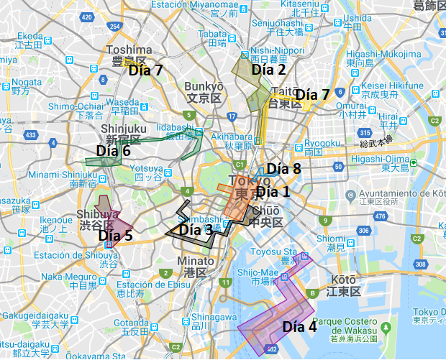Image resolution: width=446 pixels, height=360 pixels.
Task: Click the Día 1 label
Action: [273, 192]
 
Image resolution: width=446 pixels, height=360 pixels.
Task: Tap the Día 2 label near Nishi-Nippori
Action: [268, 70]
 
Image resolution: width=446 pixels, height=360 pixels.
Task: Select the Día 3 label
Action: [196, 230]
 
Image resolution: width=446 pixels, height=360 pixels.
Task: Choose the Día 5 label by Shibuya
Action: [115, 235]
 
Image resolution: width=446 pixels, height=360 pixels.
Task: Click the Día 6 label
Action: [113, 151]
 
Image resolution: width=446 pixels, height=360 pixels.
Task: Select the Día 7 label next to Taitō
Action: [312, 95]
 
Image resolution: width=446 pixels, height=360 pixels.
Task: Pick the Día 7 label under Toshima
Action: [146, 70]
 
